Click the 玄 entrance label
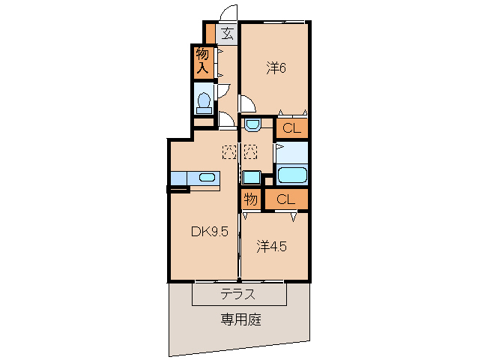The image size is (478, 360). tap(227, 33)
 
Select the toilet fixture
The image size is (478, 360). tap(203, 102)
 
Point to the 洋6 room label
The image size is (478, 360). tap(276, 68)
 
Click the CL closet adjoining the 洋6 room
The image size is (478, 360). tap(291, 128)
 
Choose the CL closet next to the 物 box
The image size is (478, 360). tap(285, 199)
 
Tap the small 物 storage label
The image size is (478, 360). tap(250, 199)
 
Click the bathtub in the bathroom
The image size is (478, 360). tap(291, 176)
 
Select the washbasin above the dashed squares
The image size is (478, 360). tap(252, 124)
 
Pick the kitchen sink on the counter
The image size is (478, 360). tap(207, 178)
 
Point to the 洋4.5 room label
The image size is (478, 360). tap(273, 245)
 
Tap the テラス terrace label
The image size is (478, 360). tap(238, 293)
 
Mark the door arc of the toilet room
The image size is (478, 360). tap(223, 91)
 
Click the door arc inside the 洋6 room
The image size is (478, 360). tap(246, 103)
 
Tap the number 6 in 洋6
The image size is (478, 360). tap(283, 68)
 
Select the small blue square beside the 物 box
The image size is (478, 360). tap(251, 178)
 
